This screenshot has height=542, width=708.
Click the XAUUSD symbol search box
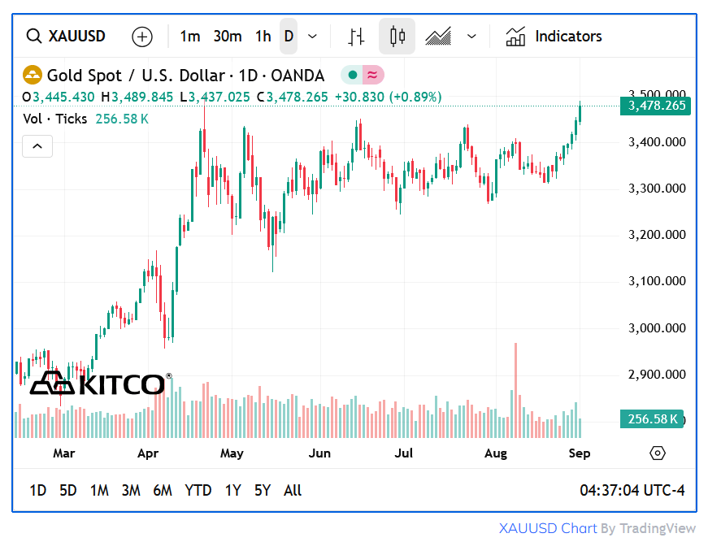click(66, 37)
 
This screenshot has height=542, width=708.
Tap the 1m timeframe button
click(189, 37)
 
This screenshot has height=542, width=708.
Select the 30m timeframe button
click(228, 37)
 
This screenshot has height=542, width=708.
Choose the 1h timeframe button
click(263, 37)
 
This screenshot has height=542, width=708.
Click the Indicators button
click(554, 37)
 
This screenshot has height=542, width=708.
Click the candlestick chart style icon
click(397, 37)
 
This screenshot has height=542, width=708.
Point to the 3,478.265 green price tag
click(656, 106)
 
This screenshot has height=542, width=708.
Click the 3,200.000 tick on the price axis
click(658, 235)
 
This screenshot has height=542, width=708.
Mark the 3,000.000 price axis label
click(658, 328)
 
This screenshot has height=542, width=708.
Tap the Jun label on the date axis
click(319, 453)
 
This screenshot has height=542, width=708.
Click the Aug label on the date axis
click(495, 453)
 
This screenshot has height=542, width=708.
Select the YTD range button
click(198, 490)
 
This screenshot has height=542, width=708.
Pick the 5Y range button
click(262, 490)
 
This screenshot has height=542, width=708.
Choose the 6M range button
click(163, 490)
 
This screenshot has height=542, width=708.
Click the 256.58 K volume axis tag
click(653, 419)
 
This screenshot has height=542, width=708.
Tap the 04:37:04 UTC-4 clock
click(632, 490)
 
